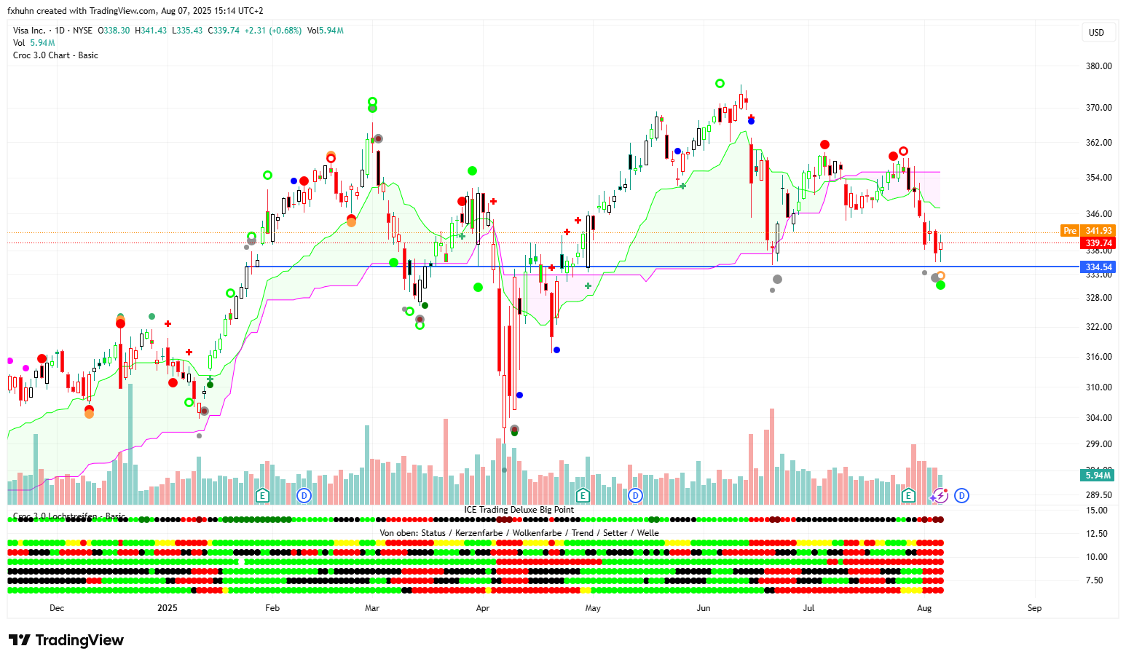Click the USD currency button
coord(1096,33)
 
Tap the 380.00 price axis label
coord(1098,66)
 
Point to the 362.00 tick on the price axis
coord(1098,143)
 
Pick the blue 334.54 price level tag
coord(1098,267)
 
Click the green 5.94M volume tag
coord(1098,476)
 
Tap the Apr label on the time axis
coord(482,608)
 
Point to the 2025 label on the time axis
coord(168,608)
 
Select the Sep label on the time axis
coord(1034,608)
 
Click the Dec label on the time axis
coord(57,608)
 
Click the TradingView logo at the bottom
coord(66,640)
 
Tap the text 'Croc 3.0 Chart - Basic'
coord(55,55)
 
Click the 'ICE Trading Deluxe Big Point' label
coord(519,510)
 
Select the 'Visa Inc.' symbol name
coord(29,31)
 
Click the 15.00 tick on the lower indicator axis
coord(1096,511)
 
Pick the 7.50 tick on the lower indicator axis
coord(1094,580)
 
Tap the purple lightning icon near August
coord(940,496)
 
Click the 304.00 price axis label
coord(1098,418)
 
